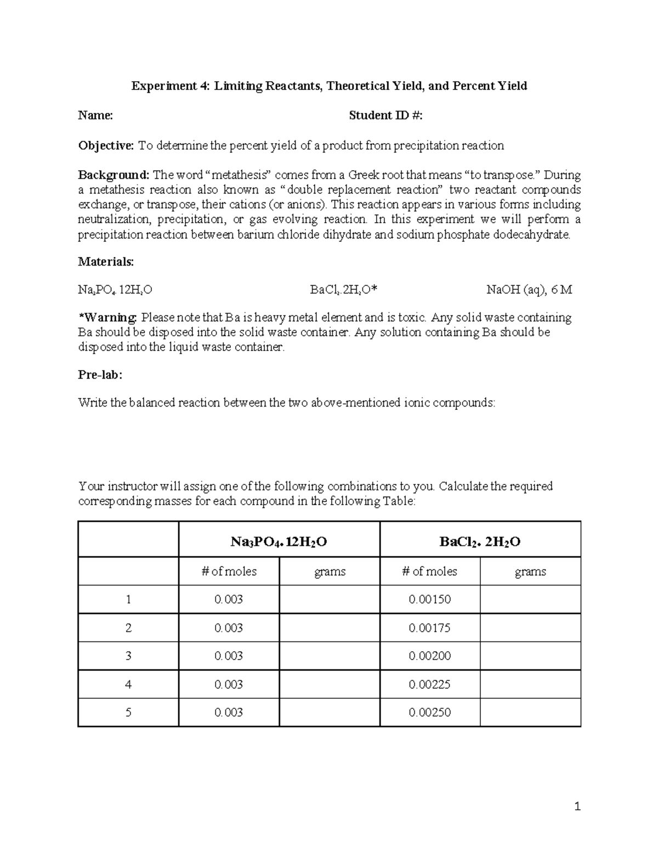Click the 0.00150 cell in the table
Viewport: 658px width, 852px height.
coord(429,599)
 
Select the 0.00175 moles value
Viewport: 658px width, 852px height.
coord(429,628)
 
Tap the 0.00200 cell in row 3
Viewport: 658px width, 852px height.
coord(429,656)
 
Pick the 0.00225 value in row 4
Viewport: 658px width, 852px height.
coord(429,684)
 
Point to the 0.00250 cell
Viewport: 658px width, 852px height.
coord(429,712)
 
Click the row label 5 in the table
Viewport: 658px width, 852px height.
coord(128,712)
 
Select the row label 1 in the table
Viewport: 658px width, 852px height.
coord(128,599)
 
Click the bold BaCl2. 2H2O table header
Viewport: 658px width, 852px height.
coord(480,542)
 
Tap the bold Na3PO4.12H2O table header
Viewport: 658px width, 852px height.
coord(279,542)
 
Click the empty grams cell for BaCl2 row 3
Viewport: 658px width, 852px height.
coord(530,656)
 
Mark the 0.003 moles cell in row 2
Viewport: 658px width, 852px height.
coord(229,628)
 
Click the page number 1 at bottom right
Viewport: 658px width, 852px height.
coord(577,806)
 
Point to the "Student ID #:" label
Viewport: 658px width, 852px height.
coord(385,115)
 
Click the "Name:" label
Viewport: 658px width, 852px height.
coord(95,115)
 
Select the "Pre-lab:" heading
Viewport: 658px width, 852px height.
coord(100,375)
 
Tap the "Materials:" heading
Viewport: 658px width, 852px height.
coord(106,262)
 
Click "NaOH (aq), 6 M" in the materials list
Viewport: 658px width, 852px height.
coord(529,290)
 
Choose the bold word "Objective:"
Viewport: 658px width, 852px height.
coord(106,145)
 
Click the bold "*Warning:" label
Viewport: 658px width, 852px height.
coord(107,318)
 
